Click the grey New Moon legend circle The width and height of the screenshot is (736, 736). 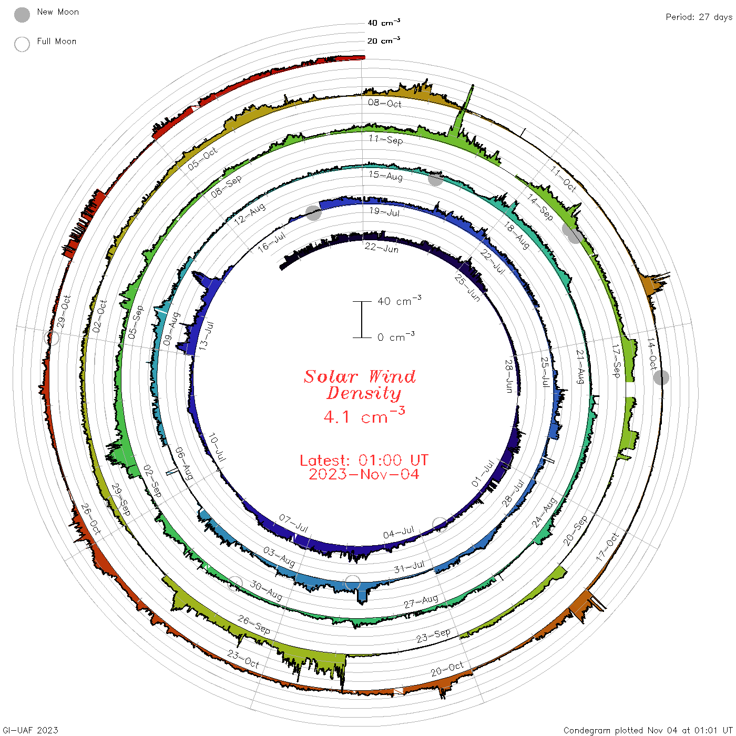22,15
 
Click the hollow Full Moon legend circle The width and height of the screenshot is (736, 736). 22,44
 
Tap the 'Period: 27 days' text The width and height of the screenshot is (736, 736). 699,17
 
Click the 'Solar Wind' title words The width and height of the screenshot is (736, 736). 360,376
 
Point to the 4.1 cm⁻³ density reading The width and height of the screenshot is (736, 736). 364,416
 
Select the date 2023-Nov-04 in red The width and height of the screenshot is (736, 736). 364,474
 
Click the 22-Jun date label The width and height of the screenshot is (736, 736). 381,248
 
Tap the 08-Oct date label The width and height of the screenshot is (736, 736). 385,103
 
